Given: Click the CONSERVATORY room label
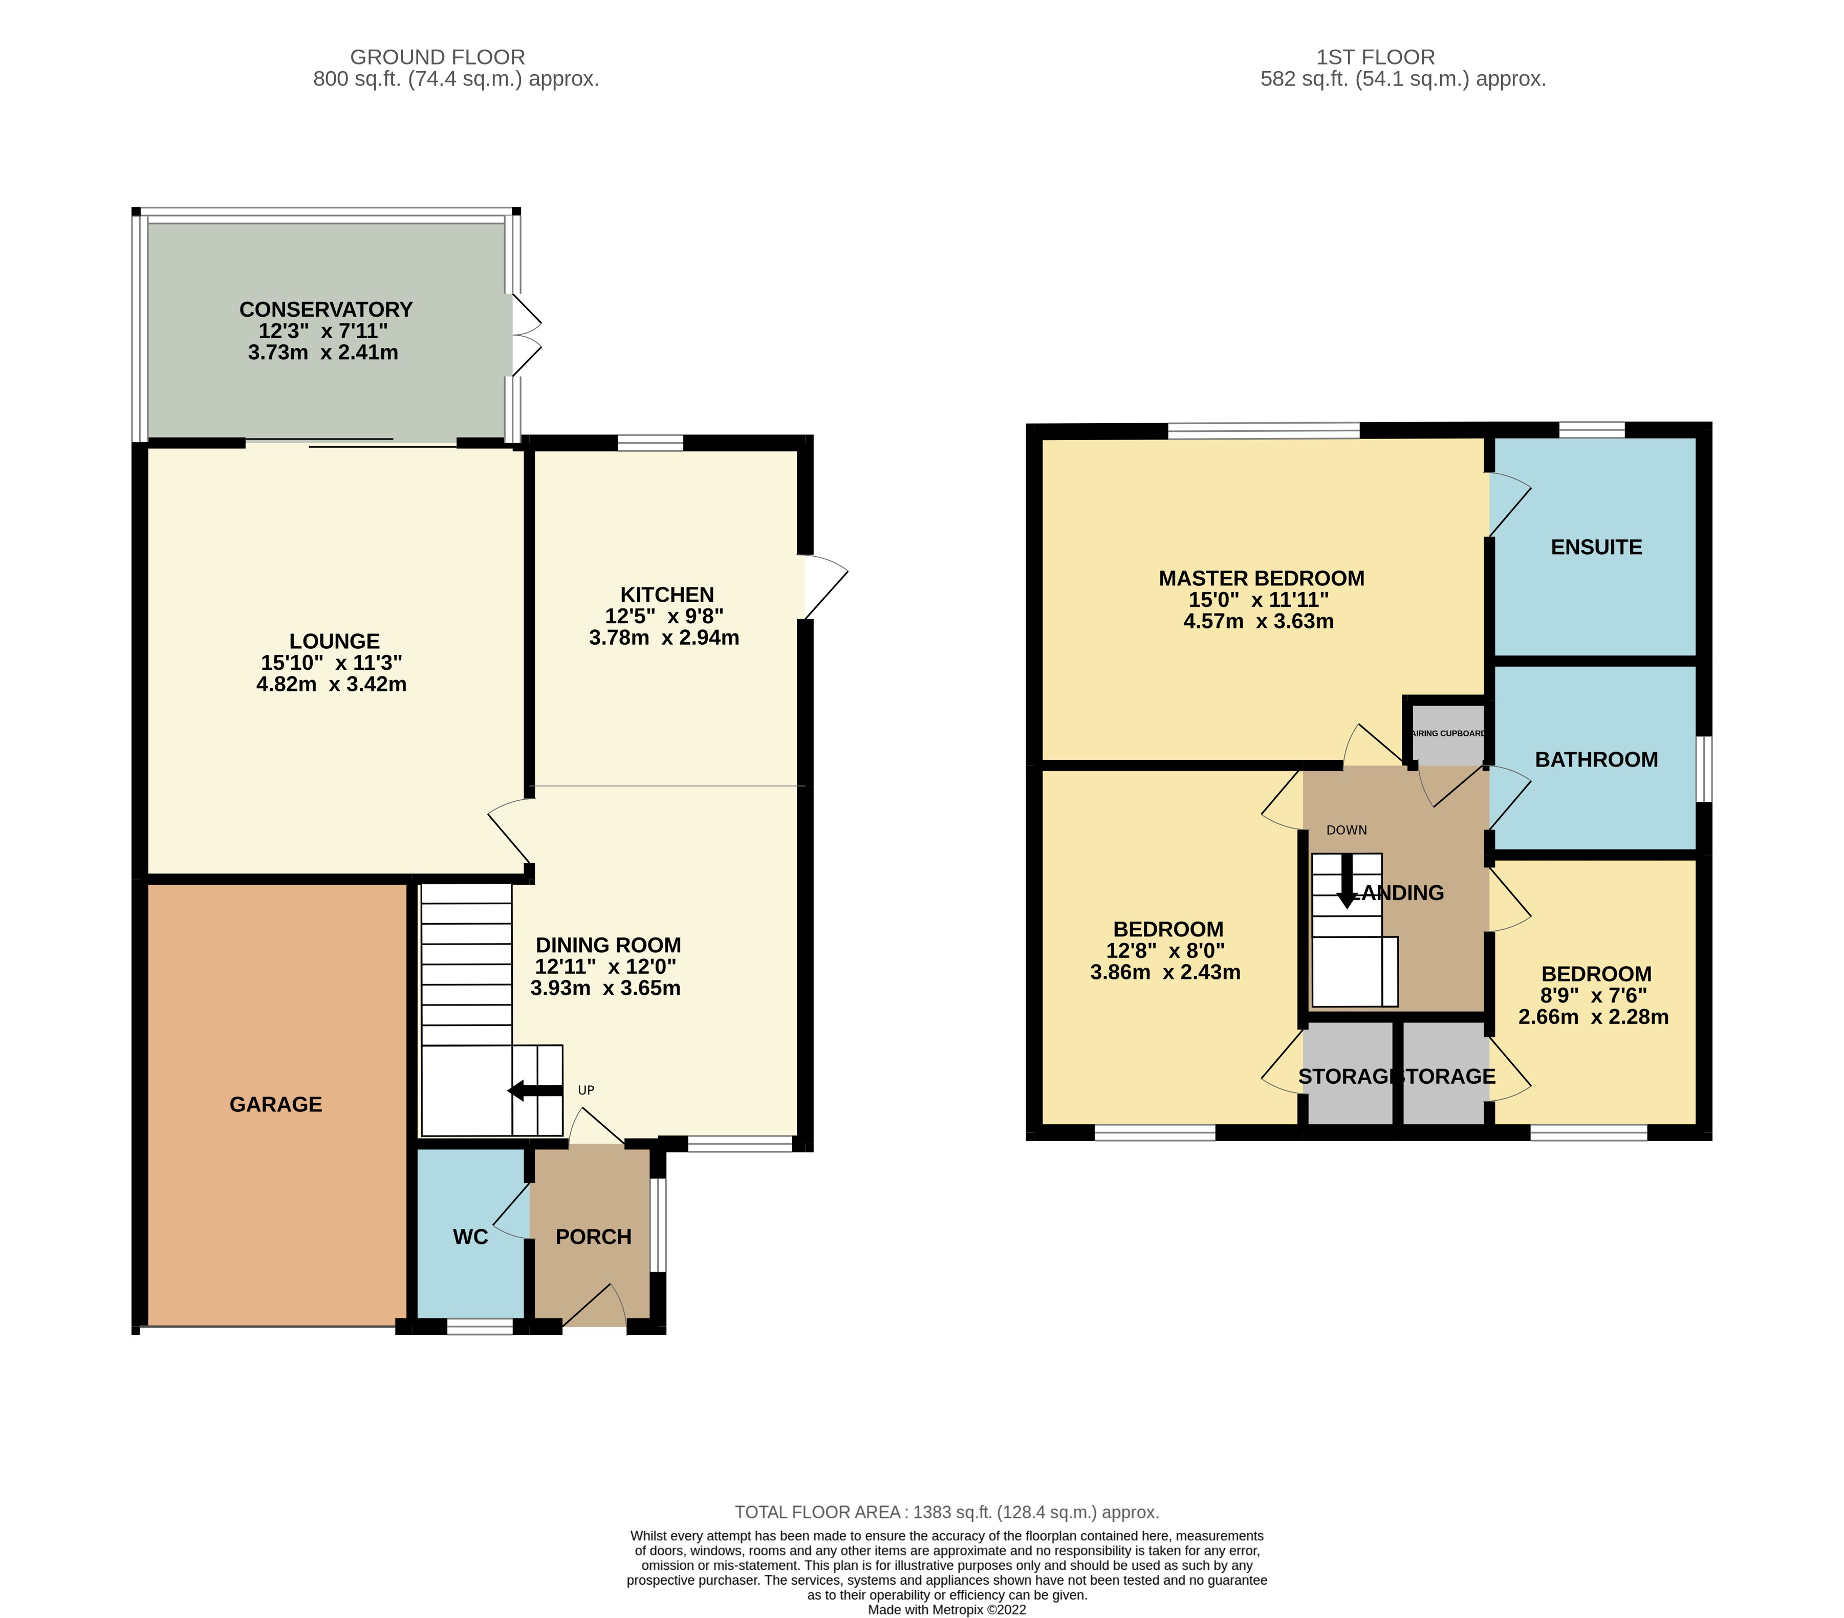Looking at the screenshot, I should (x=326, y=310).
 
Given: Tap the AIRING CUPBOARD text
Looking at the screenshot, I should (x=1448, y=733).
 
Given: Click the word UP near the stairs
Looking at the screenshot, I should (x=585, y=1090).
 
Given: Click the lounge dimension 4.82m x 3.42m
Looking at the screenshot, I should (x=331, y=685).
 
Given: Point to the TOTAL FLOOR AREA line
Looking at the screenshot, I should (x=946, y=1513).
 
